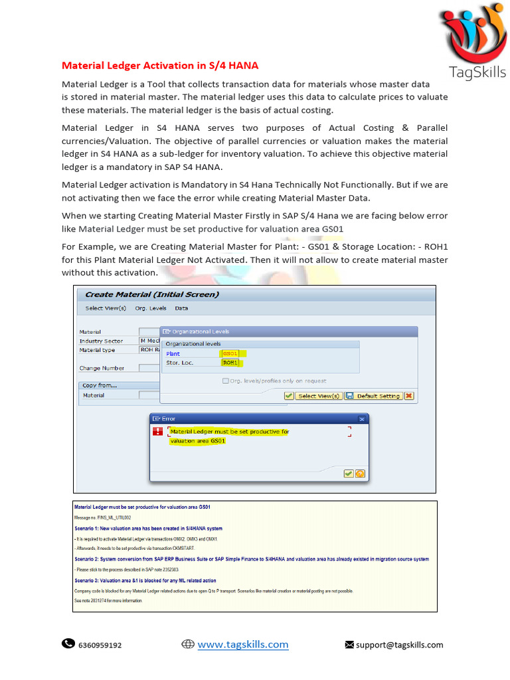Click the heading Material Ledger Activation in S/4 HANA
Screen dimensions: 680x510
point(160,66)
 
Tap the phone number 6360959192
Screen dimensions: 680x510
point(100,645)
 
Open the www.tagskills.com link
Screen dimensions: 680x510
point(242,644)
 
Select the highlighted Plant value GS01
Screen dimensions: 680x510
point(230,354)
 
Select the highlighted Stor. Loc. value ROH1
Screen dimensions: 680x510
point(230,363)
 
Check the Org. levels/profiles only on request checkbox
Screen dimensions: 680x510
point(226,381)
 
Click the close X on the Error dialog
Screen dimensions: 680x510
point(361,419)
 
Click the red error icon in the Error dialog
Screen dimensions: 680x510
point(157,432)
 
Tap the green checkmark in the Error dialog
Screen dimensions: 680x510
point(348,473)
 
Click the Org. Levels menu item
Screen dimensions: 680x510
point(151,308)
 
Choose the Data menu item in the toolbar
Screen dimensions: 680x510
point(181,308)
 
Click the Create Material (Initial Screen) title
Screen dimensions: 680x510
point(152,294)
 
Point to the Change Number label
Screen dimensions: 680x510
point(102,368)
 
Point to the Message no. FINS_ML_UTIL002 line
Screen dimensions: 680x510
point(102,517)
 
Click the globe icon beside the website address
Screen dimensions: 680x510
point(187,644)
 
